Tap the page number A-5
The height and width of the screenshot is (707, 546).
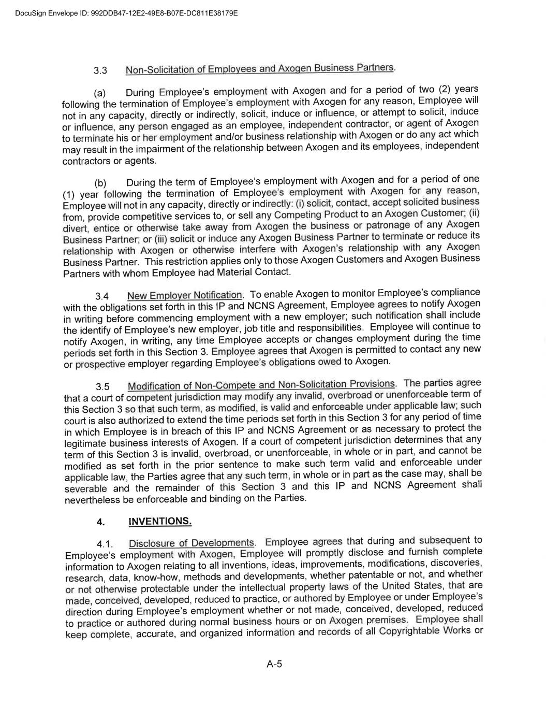point(274,664)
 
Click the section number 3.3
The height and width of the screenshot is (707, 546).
point(100,70)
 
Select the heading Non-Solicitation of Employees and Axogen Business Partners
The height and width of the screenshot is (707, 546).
point(260,68)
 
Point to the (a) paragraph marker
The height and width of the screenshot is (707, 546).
point(99,93)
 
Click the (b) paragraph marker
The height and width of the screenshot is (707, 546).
point(100,183)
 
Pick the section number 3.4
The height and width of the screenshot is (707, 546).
point(102,296)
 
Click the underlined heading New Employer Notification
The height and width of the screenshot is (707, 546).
point(185,296)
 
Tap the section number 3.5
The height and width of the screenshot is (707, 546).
point(102,387)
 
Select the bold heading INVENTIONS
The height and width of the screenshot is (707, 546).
point(160,521)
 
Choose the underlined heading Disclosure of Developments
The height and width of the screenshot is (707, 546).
point(191,543)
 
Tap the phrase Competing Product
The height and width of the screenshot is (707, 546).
point(316,214)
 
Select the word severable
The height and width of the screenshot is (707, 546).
point(86,488)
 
